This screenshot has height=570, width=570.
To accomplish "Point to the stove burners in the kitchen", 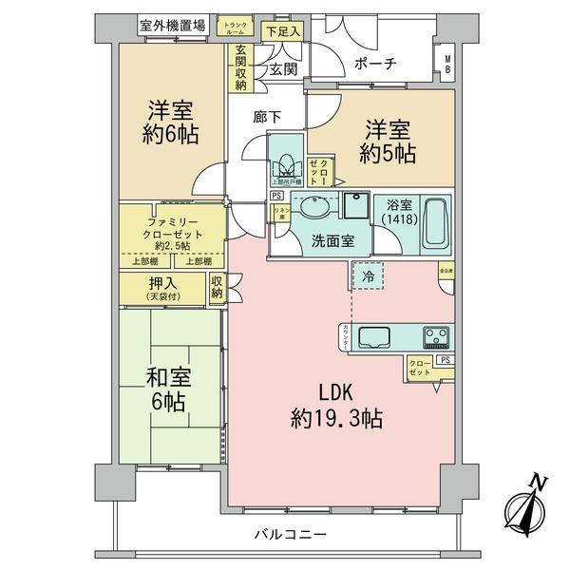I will (x=438, y=337).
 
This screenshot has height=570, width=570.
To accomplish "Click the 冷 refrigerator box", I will (x=368, y=275).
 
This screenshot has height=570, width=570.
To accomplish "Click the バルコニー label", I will (x=290, y=535).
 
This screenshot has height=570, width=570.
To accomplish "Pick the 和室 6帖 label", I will (x=169, y=389).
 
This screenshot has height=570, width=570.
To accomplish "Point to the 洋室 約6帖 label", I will (x=172, y=121).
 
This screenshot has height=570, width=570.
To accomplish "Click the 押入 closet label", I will (x=161, y=289).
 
